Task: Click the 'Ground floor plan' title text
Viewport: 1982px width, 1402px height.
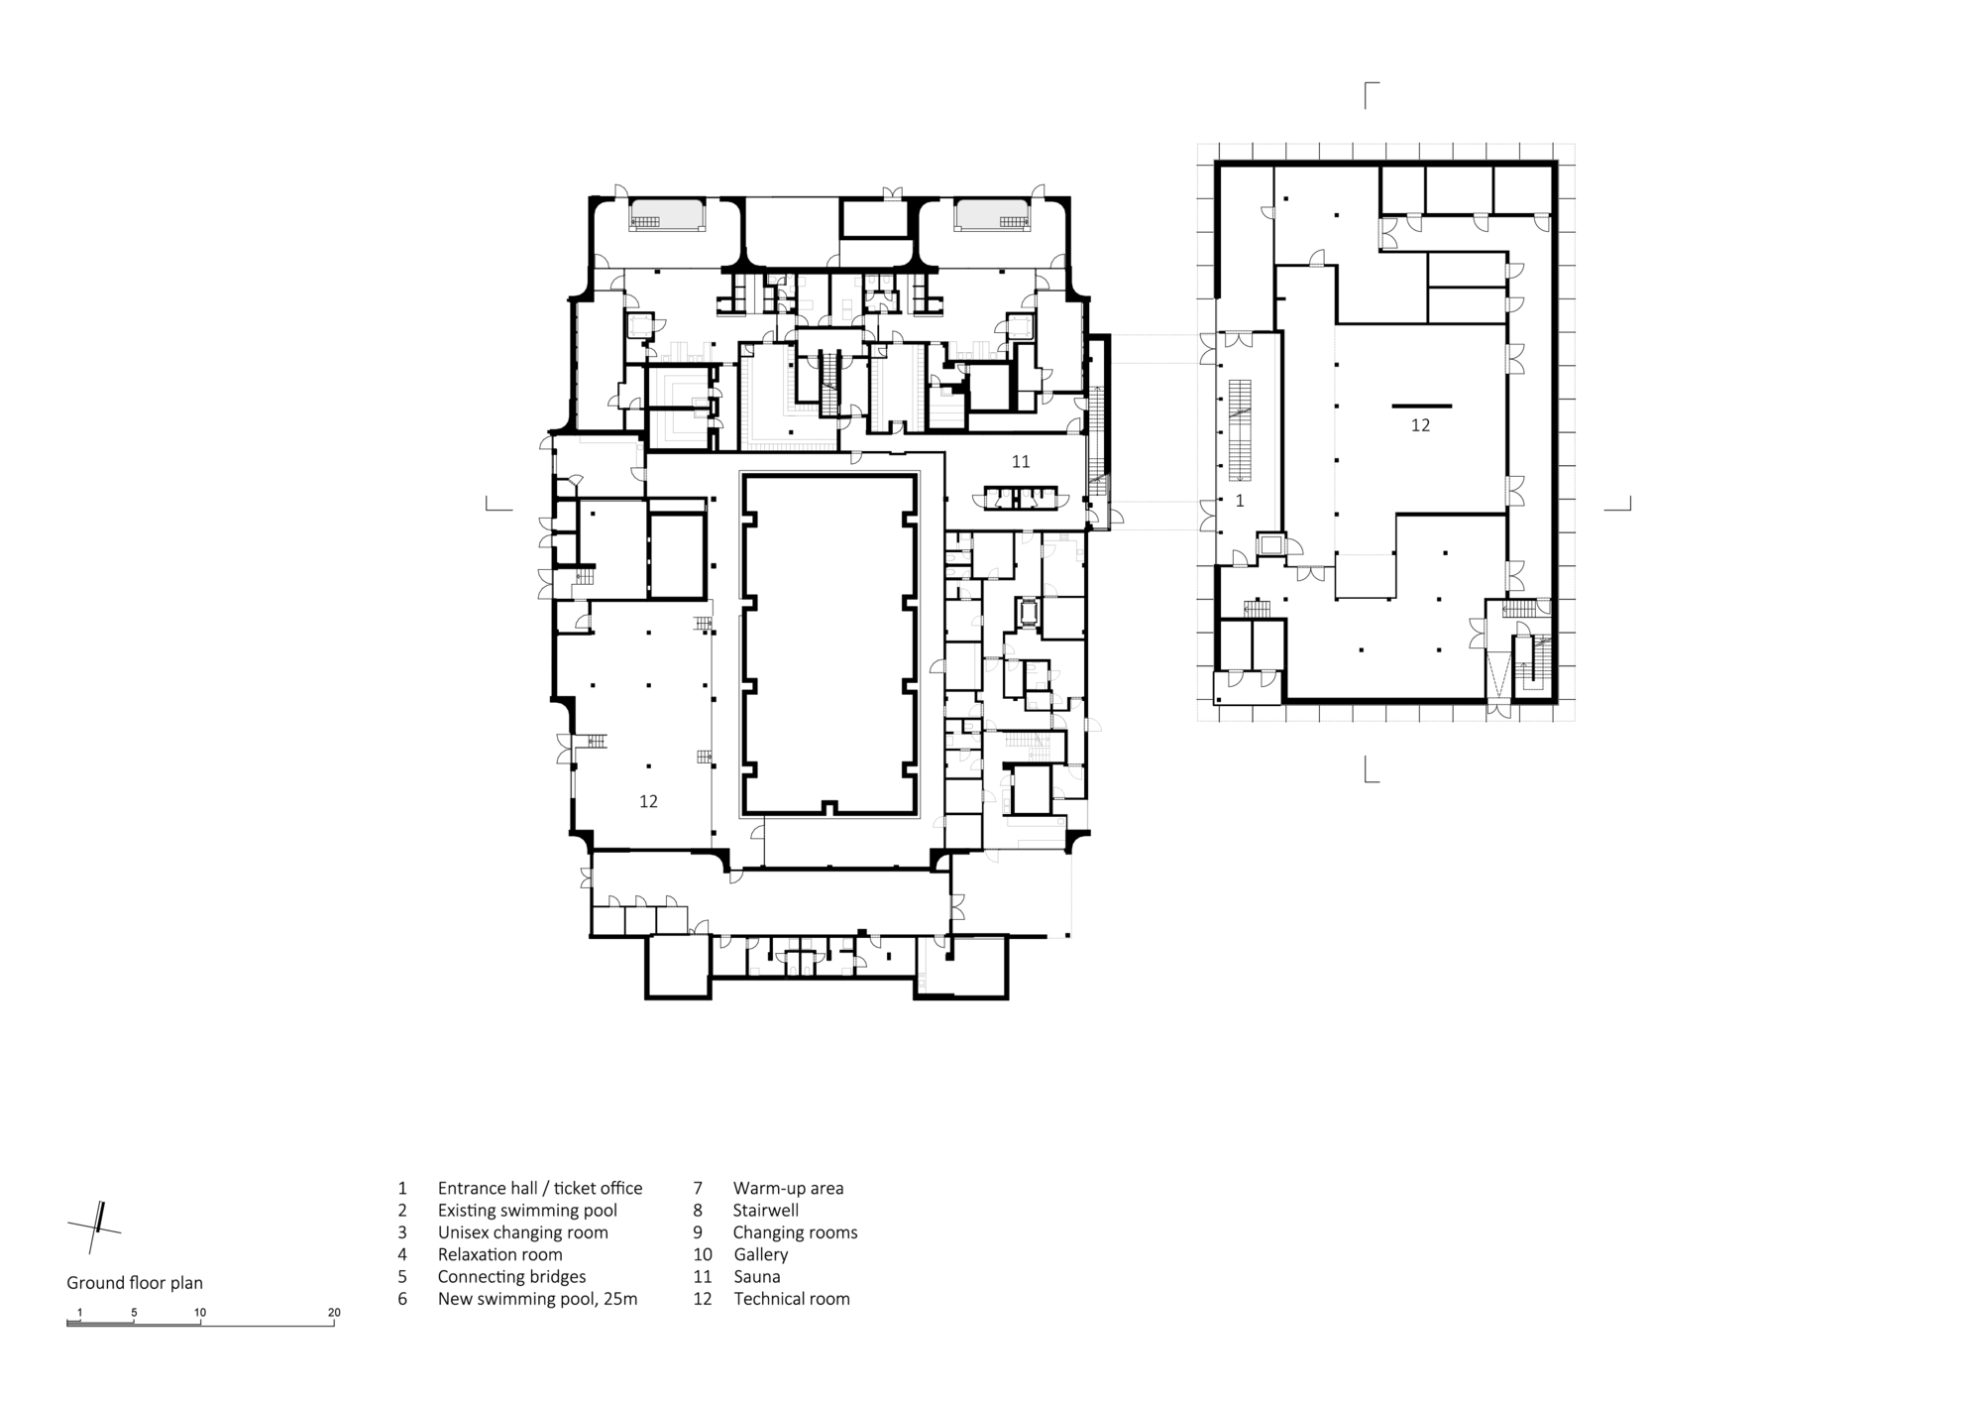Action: pyautogui.click(x=135, y=1283)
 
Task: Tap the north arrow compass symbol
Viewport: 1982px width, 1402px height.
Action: pyautogui.click(x=96, y=1228)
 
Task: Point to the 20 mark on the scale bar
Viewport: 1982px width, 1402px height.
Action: pyautogui.click(x=334, y=1313)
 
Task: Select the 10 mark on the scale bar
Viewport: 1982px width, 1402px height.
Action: pyautogui.click(x=200, y=1313)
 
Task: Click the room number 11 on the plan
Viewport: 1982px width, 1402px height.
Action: pyautogui.click(x=1021, y=461)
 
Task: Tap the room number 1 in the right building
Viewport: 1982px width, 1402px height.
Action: pyautogui.click(x=1239, y=502)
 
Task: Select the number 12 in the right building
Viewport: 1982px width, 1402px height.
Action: pyautogui.click(x=1420, y=425)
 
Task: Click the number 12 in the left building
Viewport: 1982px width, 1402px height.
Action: pyautogui.click(x=648, y=801)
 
